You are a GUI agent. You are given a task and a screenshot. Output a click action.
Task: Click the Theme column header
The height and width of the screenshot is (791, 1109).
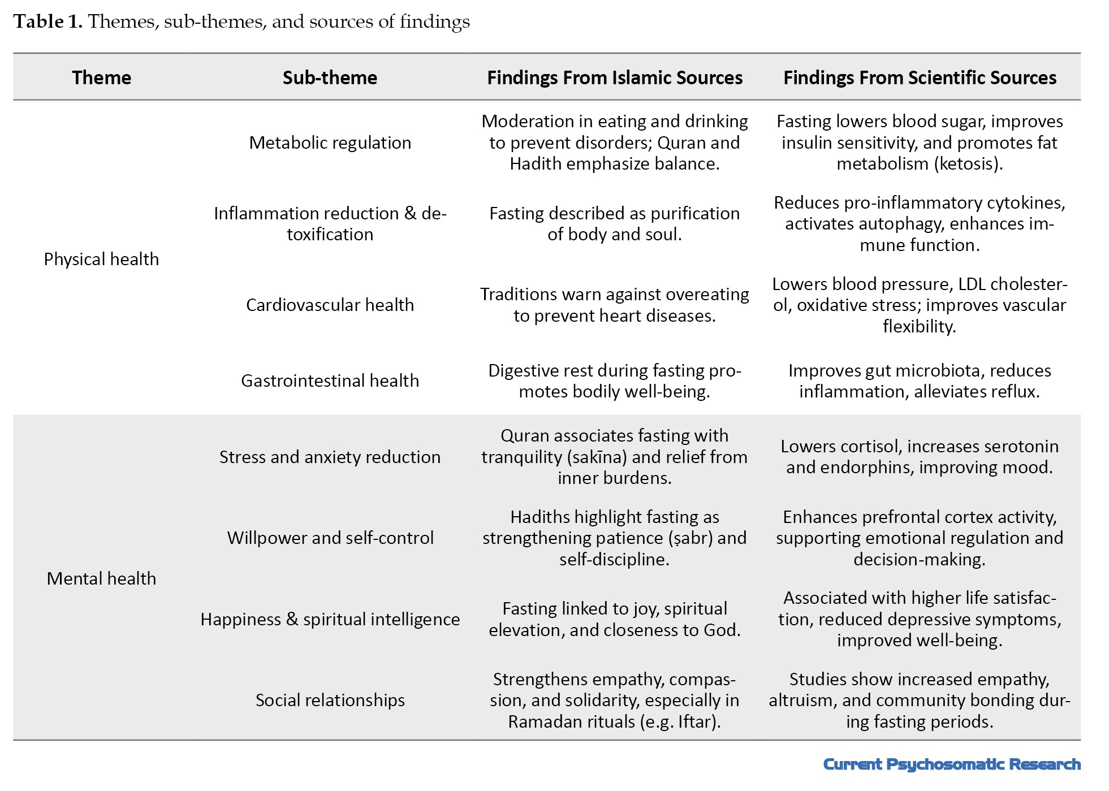101,77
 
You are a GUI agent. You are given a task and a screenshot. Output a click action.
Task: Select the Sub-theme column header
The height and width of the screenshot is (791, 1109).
330,77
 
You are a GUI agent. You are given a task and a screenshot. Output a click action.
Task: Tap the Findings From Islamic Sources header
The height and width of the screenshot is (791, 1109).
614,77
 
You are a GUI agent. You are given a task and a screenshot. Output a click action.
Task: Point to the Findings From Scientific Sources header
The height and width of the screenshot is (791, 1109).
920,77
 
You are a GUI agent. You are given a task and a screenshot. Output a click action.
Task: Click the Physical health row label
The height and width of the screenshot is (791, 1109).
101,259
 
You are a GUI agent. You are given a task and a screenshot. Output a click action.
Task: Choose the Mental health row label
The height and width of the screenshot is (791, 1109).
101,578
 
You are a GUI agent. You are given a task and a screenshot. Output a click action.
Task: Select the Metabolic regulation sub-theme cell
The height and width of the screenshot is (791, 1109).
330,142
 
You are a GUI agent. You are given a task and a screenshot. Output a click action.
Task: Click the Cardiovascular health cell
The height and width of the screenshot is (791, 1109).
330,305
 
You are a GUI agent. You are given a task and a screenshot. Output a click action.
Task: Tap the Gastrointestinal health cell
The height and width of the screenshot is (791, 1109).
330,381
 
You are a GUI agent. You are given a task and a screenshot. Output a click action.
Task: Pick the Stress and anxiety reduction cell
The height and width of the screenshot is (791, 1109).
330,457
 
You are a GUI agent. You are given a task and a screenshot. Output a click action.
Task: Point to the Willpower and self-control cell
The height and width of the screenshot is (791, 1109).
330,538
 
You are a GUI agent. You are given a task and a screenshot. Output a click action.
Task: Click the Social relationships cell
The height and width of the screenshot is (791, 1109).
330,700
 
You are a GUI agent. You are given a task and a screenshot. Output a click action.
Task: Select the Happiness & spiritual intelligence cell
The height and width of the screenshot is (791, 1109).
330,619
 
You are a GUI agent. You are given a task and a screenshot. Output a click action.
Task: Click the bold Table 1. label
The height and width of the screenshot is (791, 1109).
48,21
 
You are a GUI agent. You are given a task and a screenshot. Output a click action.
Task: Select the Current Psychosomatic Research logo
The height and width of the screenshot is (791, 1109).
951,764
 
